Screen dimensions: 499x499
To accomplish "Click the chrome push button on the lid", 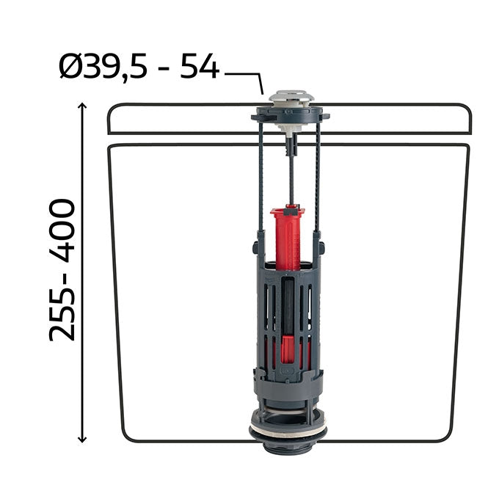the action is click(292, 97).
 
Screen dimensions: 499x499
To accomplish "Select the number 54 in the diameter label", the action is click(200, 66).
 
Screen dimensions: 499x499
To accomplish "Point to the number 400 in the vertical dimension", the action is click(62, 230).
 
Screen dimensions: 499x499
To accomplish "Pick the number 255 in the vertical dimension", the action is click(62, 310).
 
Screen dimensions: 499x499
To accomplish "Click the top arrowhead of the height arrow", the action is click(82, 106).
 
